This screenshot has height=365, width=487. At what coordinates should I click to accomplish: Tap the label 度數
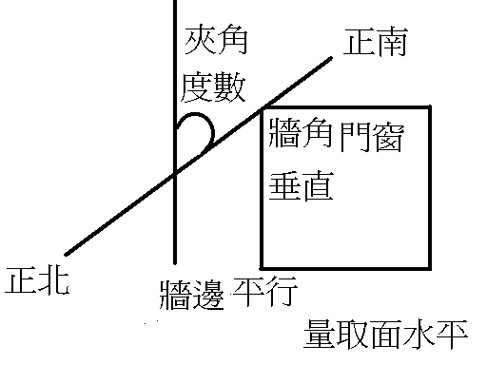coord(215,89)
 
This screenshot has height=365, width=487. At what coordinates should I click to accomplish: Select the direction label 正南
coord(377,44)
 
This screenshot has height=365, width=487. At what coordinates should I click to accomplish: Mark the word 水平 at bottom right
coord(444,335)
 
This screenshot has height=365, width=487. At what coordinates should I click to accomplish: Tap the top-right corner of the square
coord(431,108)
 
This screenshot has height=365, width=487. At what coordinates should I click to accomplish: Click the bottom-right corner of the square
coord(431,267)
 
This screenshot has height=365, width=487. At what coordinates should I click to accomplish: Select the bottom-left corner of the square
coord(263,267)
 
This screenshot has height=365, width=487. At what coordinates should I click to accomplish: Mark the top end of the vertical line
coord(176,2)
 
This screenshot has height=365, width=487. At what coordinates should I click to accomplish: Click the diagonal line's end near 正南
coord(332,58)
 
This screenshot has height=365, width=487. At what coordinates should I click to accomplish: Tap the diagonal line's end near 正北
coord(66,255)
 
